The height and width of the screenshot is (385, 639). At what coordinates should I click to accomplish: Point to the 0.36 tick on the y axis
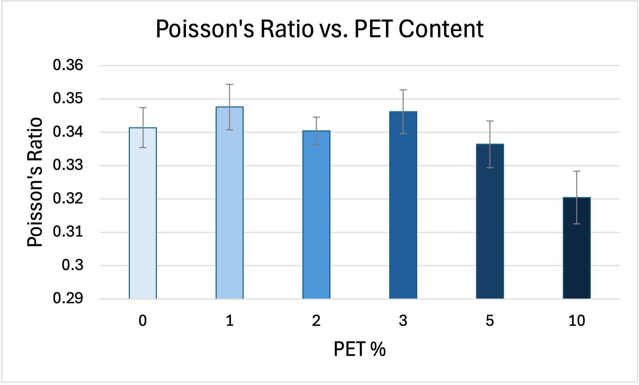(x=68, y=65)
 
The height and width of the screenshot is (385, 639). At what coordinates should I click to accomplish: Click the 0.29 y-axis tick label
(x=68, y=298)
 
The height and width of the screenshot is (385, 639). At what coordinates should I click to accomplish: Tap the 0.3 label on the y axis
(x=72, y=265)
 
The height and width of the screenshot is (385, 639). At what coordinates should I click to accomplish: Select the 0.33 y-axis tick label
(x=68, y=165)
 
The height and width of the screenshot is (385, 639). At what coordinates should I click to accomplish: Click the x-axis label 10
(x=577, y=321)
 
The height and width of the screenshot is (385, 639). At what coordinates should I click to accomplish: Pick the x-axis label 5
(x=490, y=321)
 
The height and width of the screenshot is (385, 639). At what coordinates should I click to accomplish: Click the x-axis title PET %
(x=359, y=349)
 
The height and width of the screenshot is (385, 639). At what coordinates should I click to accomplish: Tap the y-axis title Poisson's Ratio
(x=35, y=182)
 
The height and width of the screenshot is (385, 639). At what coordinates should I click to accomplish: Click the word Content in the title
(x=441, y=29)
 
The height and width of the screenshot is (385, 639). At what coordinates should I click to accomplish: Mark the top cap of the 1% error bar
(x=230, y=84)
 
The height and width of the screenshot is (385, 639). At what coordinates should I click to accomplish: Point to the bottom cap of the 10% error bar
(x=577, y=224)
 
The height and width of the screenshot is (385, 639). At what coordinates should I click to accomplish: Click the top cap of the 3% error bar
(x=403, y=90)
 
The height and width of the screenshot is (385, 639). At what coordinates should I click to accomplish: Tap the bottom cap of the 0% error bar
(x=143, y=148)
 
